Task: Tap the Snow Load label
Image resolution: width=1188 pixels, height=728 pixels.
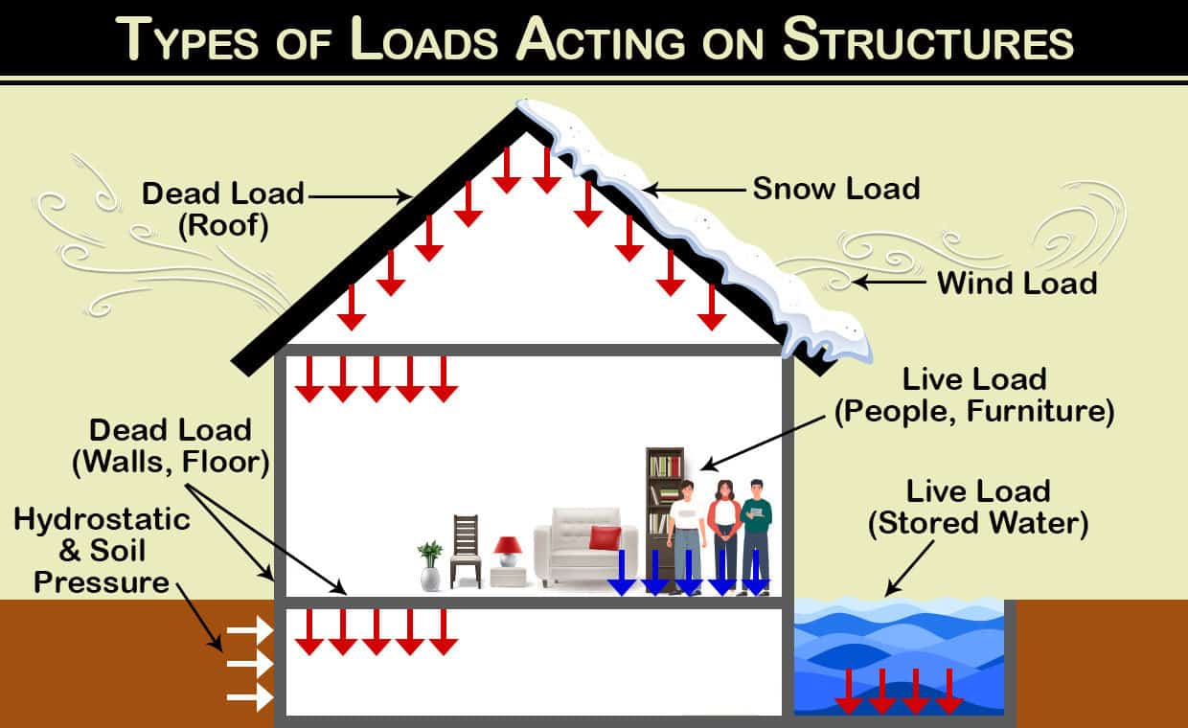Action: tap(835, 189)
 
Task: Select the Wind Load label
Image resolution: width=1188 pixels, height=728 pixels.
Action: tap(1017, 283)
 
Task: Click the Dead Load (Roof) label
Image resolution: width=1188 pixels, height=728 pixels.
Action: tap(222, 208)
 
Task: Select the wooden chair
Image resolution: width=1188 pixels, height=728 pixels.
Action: tap(466, 551)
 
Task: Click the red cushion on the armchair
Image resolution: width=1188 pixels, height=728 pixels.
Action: tap(605, 538)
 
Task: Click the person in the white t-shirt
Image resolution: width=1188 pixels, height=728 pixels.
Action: tap(686, 536)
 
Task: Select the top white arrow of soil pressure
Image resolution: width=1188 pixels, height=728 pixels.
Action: tap(250, 629)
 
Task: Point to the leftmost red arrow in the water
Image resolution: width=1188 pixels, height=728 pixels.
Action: tap(849, 692)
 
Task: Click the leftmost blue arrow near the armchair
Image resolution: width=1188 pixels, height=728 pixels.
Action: tap(623, 573)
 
